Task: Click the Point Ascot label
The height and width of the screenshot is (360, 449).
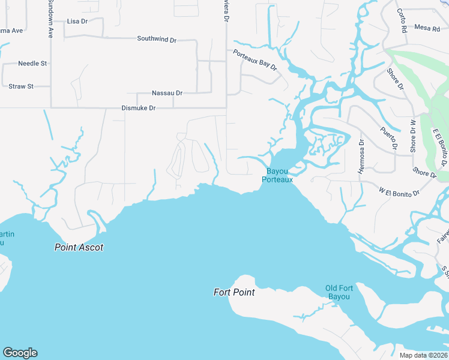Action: point(79,247)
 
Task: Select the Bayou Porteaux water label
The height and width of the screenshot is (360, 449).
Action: point(280,175)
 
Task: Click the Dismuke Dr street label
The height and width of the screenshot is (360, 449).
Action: point(139,108)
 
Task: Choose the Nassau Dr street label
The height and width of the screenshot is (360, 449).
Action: point(167,93)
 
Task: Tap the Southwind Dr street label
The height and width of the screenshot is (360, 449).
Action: point(157,39)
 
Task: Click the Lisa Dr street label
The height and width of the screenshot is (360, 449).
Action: point(77,21)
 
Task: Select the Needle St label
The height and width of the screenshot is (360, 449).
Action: point(32,63)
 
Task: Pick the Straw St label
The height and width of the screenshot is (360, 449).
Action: point(21,86)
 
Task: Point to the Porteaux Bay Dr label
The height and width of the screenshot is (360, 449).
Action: point(255,60)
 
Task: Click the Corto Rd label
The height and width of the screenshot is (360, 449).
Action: point(402,20)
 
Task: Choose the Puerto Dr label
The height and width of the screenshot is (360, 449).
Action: point(389,138)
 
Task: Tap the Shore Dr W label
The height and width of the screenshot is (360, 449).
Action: point(413,136)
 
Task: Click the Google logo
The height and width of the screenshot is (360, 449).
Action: point(20,353)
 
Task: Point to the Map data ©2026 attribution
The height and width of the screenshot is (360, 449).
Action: point(424,355)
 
